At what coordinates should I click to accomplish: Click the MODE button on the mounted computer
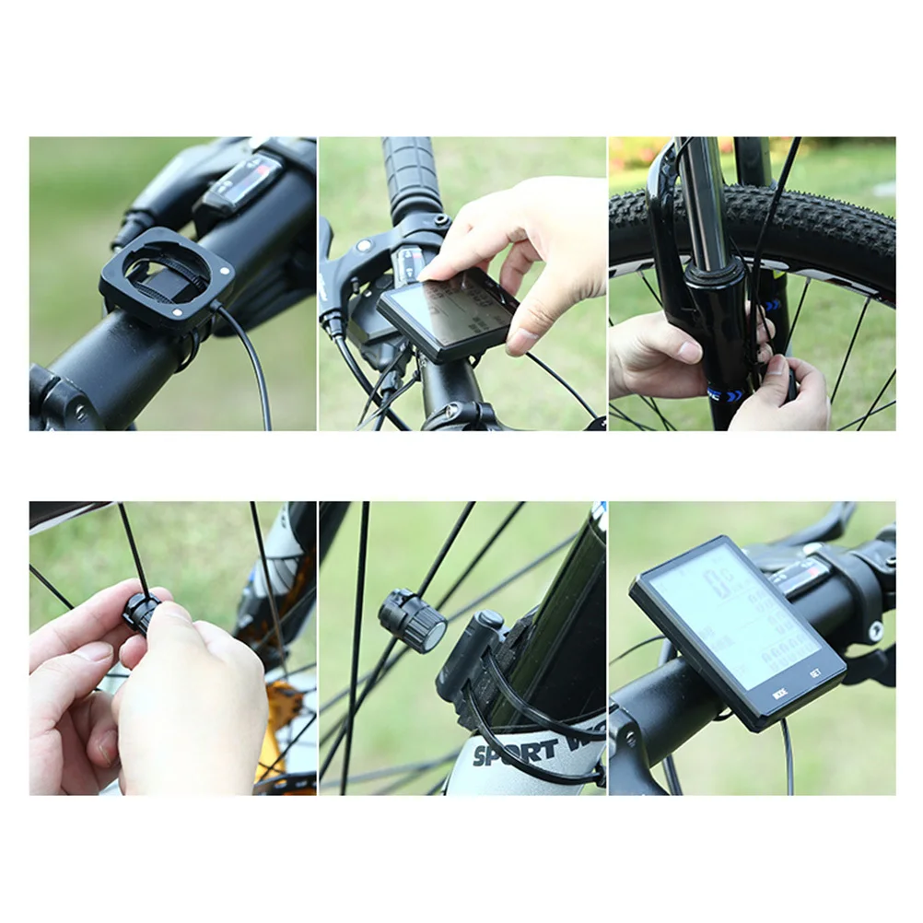779,693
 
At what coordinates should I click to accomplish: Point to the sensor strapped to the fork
470,654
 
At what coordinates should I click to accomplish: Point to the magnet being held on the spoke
142,613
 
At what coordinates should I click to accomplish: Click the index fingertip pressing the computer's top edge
431,273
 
